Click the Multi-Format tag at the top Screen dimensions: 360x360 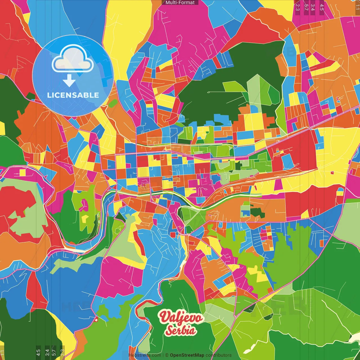(180, 3)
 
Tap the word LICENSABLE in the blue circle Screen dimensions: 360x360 (73, 95)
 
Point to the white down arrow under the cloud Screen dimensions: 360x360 (69, 81)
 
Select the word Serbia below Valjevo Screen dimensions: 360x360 (181, 330)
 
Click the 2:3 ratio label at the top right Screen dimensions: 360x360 (298, 7)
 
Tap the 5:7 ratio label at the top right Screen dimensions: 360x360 (306, 7)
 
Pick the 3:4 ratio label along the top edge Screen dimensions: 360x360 (313, 7)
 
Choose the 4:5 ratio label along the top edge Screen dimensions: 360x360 (322, 7)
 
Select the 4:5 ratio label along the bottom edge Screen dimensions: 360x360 (38, 352)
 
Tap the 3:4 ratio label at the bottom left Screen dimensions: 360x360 (47, 352)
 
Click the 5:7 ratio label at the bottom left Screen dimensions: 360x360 (54, 352)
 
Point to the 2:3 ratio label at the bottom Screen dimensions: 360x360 (62, 352)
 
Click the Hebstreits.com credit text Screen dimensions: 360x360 (145, 355)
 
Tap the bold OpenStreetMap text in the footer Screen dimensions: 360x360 (187, 355)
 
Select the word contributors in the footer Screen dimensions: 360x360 (218, 355)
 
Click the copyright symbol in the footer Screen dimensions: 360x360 (166, 355)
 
